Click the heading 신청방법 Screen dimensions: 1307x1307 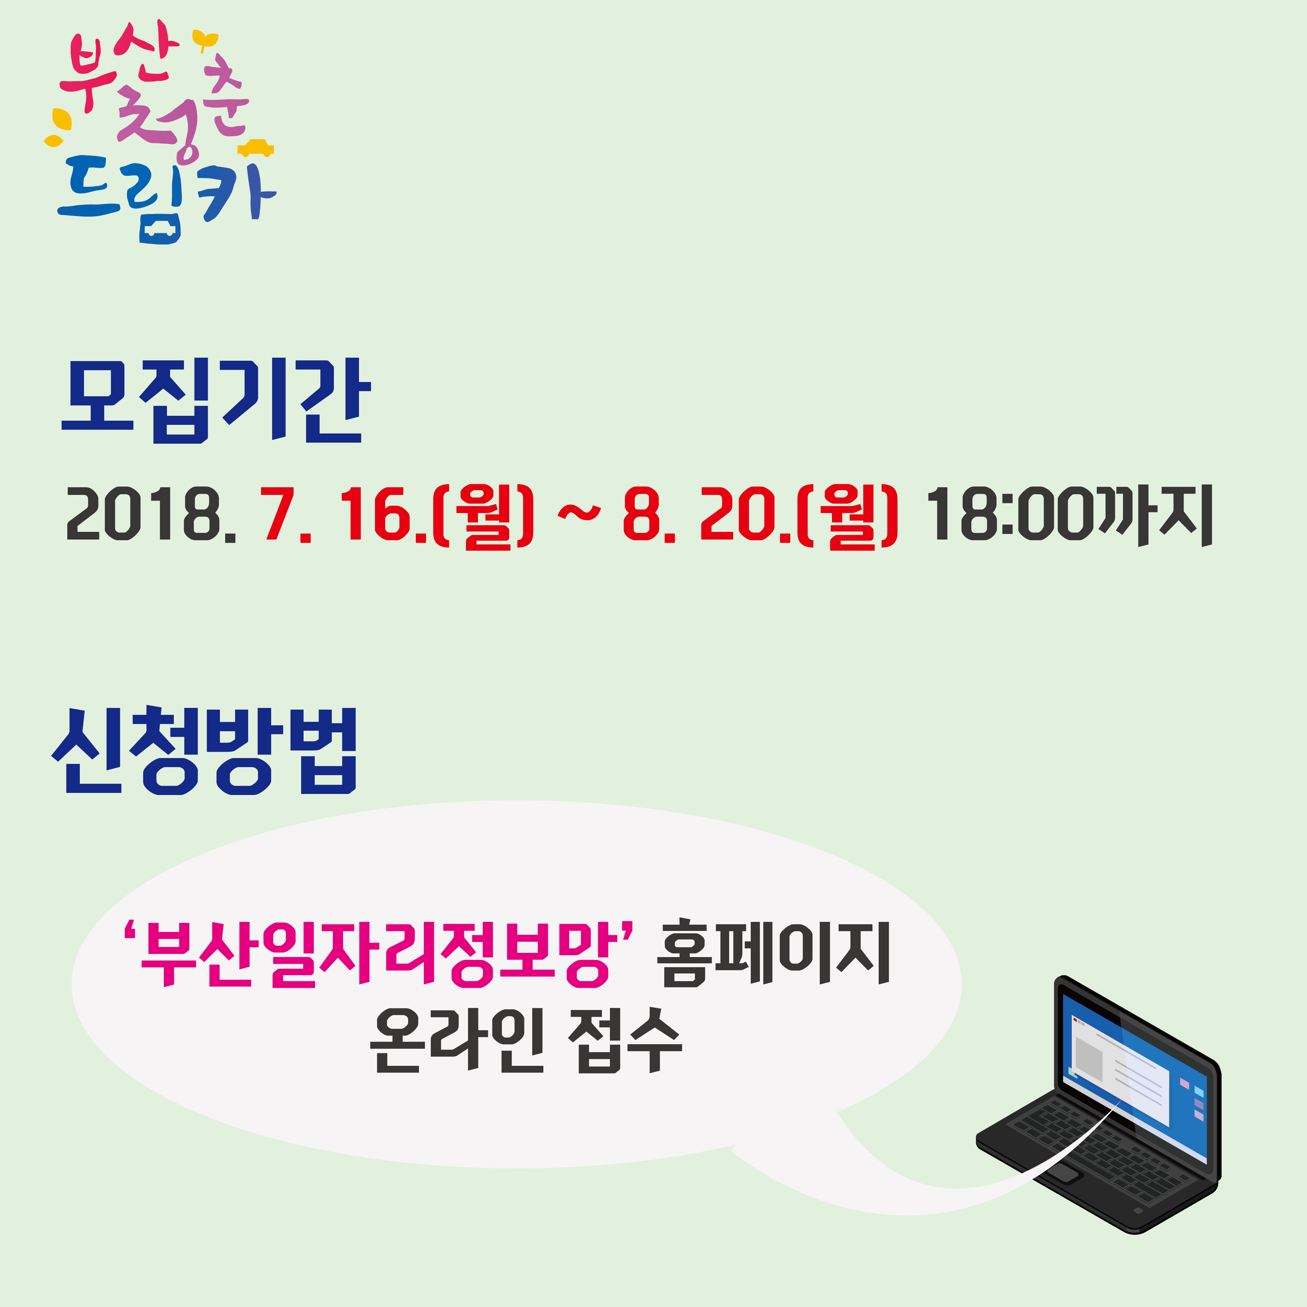(204, 751)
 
